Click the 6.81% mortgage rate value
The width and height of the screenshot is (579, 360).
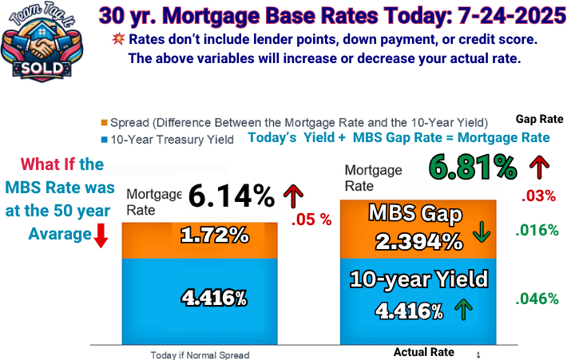pyautogui.click(x=473, y=168)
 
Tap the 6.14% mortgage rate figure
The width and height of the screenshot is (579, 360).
pyautogui.click(x=232, y=196)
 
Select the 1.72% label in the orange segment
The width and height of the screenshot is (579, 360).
pyautogui.click(x=215, y=235)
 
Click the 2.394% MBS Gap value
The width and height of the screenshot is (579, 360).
pyautogui.click(x=419, y=242)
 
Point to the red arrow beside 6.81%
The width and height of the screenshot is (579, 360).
pyautogui.click(x=540, y=167)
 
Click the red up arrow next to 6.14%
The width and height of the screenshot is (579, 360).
pyautogui.click(x=294, y=196)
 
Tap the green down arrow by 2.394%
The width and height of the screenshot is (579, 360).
pyautogui.click(x=482, y=231)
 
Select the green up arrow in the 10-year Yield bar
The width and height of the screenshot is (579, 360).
pyautogui.click(x=463, y=310)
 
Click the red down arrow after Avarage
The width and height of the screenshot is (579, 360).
pyautogui.click(x=101, y=235)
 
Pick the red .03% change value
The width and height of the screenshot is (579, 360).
pyautogui.click(x=538, y=196)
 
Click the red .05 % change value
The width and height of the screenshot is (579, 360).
pyautogui.click(x=311, y=220)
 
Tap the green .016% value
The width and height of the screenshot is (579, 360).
pyautogui.click(x=537, y=231)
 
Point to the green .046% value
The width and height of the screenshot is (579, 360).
pyautogui.click(x=537, y=299)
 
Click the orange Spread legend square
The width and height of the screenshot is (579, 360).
pyautogui.click(x=104, y=122)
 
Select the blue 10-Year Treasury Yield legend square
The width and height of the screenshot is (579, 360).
pyautogui.click(x=104, y=140)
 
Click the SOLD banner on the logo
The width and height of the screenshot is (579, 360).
pyautogui.click(x=42, y=69)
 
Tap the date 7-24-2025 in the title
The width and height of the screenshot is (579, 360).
pyautogui.click(x=512, y=16)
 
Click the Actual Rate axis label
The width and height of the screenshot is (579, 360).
pyautogui.click(x=423, y=352)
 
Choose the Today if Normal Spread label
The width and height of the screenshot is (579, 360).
pyautogui.click(x=200, y=355)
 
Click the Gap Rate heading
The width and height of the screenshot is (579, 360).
pyautogui.click(x=540, y=119)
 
